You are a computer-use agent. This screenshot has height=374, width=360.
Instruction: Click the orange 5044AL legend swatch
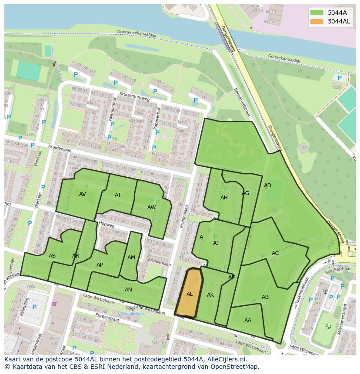[317, 21]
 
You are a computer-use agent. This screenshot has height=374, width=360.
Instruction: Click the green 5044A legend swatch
[317, 12]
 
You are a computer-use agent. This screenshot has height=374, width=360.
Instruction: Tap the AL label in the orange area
[190, 294]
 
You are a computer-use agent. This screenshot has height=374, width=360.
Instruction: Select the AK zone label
[210, 295]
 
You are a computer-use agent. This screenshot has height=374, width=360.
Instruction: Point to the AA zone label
[248, 321]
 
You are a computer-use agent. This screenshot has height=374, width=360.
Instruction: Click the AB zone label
[265, 297]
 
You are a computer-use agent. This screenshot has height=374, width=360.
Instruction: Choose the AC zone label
[275, 253]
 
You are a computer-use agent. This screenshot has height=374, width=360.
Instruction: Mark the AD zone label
[267, 185]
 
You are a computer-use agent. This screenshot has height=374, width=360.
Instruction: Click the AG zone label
[246, 193]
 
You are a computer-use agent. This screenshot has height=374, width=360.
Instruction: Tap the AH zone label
[224, 198]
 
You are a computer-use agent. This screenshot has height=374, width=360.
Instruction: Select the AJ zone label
[216, 243]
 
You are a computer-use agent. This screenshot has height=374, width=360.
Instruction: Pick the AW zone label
[151, 207]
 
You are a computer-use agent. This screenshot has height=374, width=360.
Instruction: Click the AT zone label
[118, 195]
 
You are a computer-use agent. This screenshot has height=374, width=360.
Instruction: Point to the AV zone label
[83, 194]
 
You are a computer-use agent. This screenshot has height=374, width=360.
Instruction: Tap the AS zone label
[52, 256]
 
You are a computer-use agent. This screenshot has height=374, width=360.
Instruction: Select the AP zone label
[100, 265]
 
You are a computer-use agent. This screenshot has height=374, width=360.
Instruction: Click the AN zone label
[128, 290]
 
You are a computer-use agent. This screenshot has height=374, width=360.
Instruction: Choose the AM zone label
[131, 258]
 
